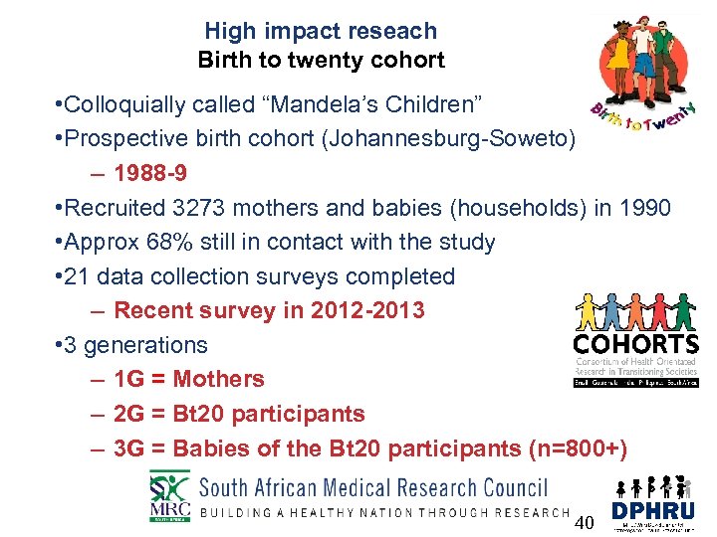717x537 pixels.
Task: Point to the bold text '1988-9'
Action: tap(150, 174)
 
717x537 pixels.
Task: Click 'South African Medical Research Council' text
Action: tap(373, 487)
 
